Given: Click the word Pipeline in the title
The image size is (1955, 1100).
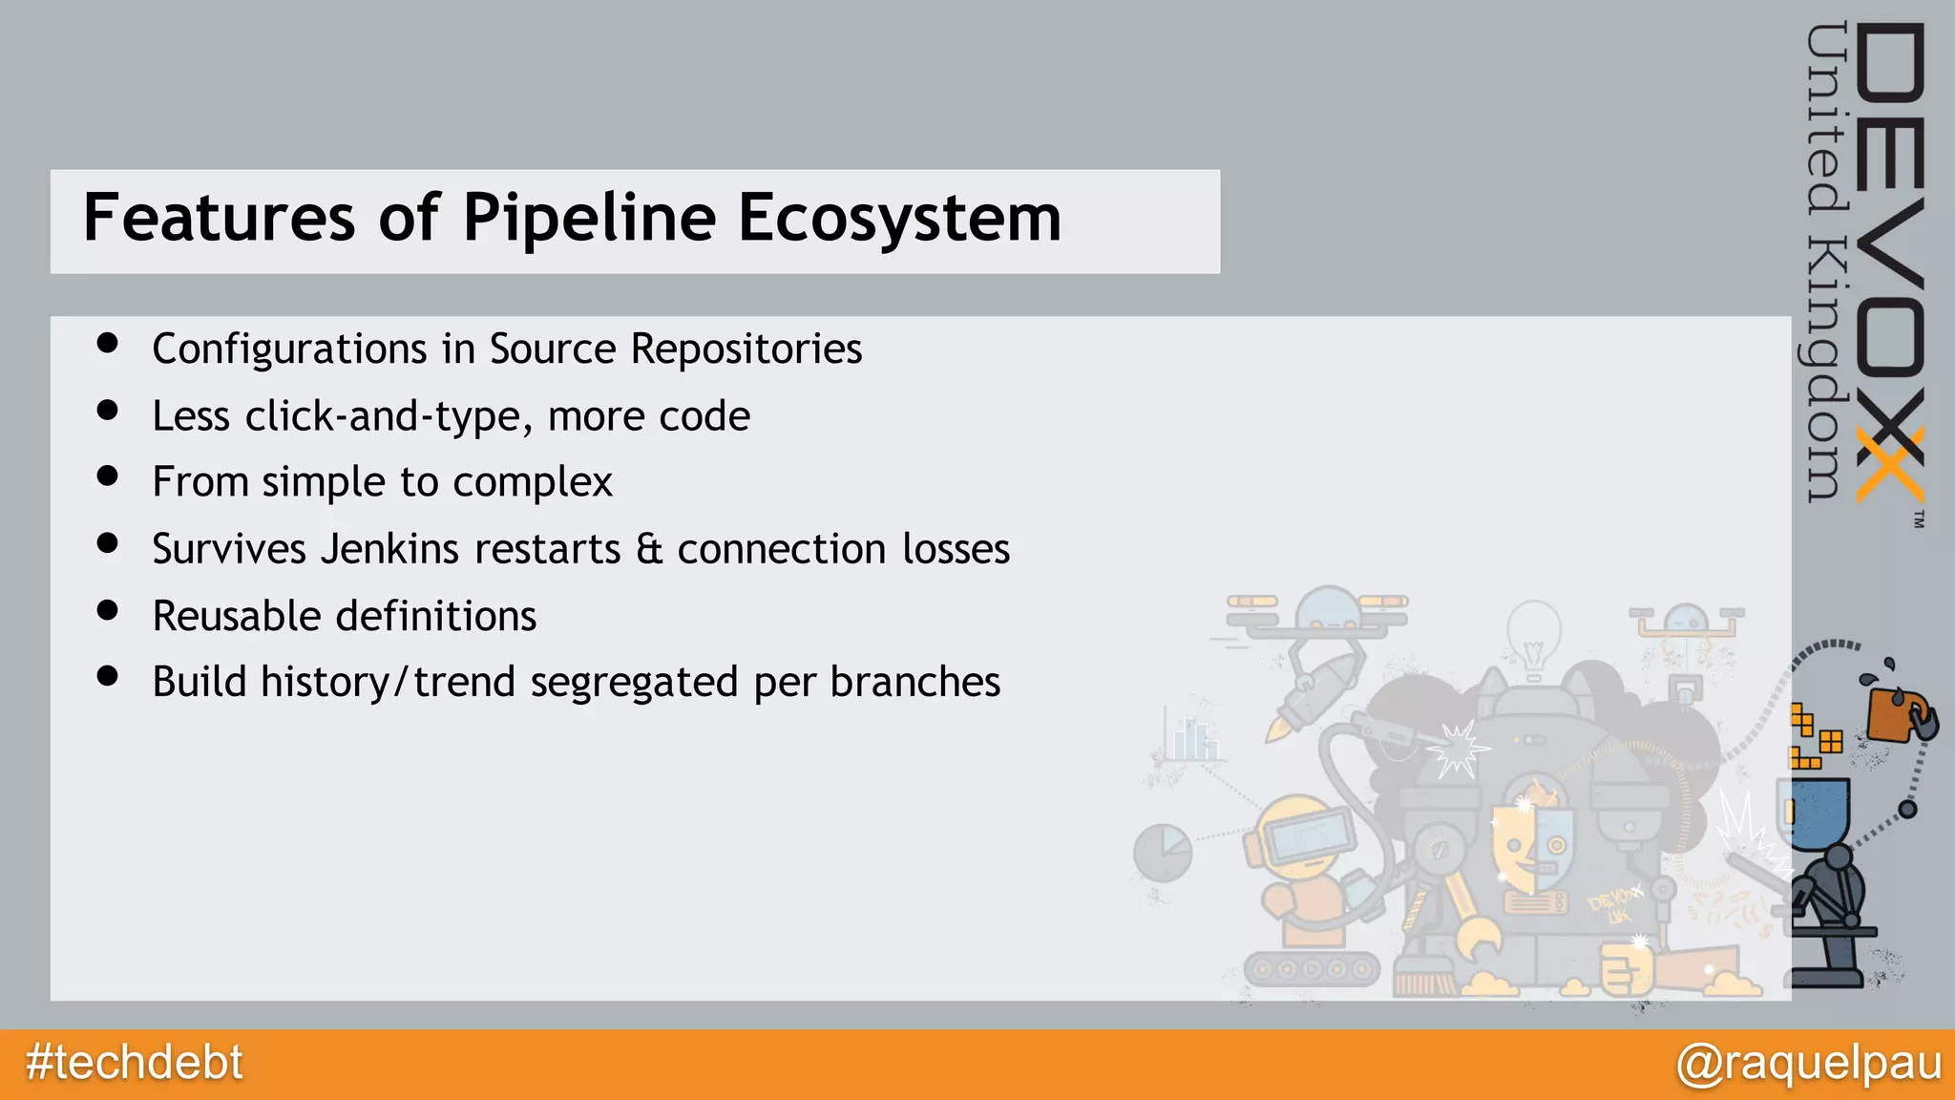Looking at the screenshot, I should coord(589,219).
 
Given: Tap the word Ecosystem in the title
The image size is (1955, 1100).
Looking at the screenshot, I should coord(899,219).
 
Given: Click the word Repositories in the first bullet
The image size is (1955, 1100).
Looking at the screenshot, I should coord(746,349).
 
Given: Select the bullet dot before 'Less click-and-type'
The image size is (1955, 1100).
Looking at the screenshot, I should coord(107,411).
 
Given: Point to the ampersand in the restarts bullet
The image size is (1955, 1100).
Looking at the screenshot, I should coord(649,549).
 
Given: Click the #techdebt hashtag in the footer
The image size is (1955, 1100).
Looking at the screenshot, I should coord(134,1063).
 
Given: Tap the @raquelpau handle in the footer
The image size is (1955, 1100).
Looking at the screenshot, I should coord(1808,1063).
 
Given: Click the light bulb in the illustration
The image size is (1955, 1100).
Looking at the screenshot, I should coord(1533,636).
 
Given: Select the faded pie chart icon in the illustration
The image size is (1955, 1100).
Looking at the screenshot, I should coord(1163,852).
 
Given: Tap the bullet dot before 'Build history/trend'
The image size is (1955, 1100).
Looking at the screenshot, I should coord(107,677).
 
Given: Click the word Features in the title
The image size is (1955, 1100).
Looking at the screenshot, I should coord(219,219).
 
